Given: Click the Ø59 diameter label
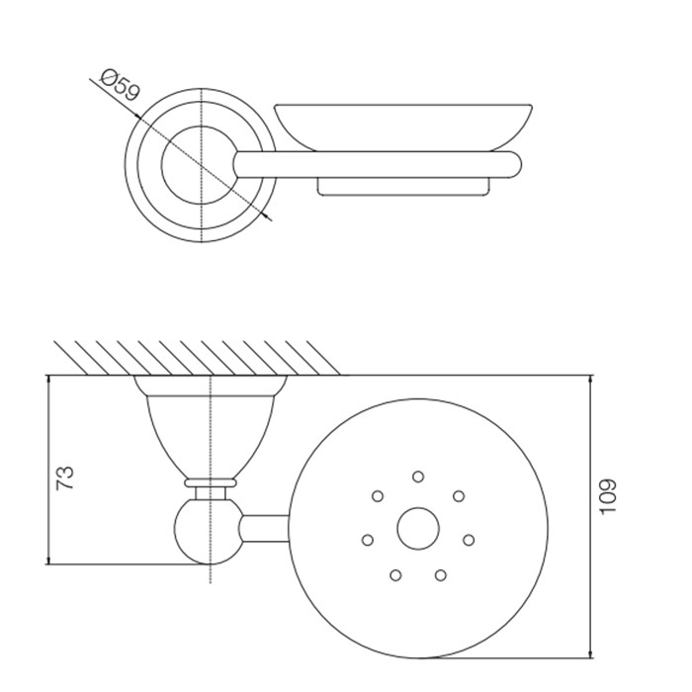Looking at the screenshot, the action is (120, 85).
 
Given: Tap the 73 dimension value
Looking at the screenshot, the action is (65, 477).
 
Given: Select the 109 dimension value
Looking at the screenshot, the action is (608, 496).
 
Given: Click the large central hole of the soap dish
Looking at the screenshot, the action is (418, 528).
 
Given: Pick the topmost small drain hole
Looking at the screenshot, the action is (418, 476).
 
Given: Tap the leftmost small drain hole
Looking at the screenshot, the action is (367, 540).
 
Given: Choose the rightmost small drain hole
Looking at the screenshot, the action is (469, 540).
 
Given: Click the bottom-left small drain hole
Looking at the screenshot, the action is (395, 575).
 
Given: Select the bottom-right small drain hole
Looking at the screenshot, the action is (441, 575).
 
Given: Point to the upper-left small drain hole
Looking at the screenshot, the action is (378, 496).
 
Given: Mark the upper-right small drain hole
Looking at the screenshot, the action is (459, 496).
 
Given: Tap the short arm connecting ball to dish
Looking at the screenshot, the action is (265, 528).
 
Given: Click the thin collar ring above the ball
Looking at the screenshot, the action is (211, 482).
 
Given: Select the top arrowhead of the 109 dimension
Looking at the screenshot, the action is (591, 380).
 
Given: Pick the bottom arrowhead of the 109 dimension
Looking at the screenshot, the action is (591, 652).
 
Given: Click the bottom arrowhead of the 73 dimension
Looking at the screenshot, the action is (48, 560).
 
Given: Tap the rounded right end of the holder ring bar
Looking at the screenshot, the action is (514, 165).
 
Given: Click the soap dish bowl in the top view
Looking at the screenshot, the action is (403, 128).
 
